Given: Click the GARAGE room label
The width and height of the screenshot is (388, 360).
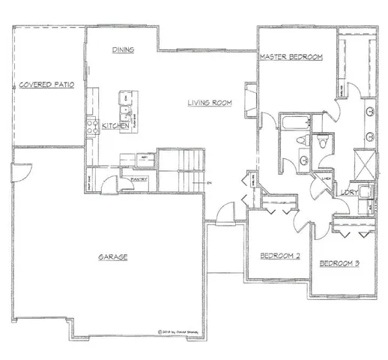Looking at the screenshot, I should point(112,256).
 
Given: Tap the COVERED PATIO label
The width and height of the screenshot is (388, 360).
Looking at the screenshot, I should point(46,85).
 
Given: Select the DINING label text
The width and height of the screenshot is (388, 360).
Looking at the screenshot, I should point(124,50).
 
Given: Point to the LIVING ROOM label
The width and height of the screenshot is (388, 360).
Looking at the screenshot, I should point(209,103).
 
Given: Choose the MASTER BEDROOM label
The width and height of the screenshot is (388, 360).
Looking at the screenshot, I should point(291,57).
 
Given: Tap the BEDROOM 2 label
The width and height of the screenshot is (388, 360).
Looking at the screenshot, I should point(280,256).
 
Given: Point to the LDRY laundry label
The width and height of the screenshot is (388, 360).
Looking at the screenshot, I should point(349,193).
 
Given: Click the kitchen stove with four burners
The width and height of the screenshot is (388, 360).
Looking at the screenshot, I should point(93,126).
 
